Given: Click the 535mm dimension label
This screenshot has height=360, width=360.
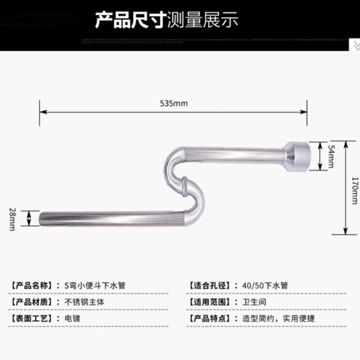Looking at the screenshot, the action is [x=174, y=103].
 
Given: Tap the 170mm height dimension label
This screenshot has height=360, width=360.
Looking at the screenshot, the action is [x=355, y=187].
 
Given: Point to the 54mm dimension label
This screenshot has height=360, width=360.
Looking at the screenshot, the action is [x=331, y=157].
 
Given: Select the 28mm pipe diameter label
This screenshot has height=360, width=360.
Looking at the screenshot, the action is [x=11, y=217].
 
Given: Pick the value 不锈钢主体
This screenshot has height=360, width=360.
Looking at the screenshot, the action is [x=85, y=301].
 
